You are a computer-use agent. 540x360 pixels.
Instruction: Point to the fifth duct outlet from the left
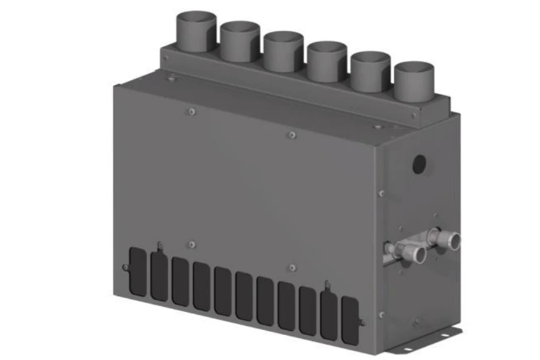[370, 69]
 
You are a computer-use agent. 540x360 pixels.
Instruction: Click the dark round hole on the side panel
[420, 164]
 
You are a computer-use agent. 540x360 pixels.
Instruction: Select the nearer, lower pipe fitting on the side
[412, 254]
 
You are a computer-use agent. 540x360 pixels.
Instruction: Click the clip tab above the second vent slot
[160, 246]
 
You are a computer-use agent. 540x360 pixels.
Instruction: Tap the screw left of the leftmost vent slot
[125, 267]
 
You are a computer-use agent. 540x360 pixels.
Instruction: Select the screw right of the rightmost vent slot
[362, 323]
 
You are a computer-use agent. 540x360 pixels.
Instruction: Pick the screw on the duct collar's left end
[165, 57]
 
